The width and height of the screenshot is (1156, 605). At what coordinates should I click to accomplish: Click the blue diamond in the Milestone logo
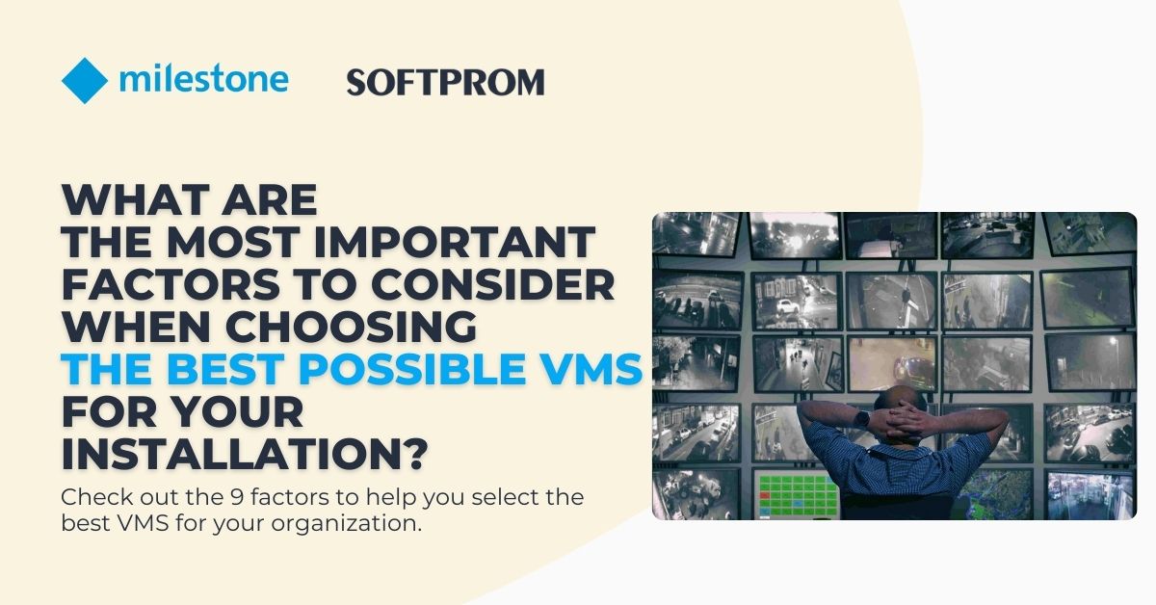pos(85,81)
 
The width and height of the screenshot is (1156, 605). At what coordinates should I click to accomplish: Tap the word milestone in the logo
pos(203,79)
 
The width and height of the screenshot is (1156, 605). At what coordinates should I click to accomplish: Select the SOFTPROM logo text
pos(445,83)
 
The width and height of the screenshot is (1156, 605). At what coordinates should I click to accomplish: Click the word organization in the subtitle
pos(347,526)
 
